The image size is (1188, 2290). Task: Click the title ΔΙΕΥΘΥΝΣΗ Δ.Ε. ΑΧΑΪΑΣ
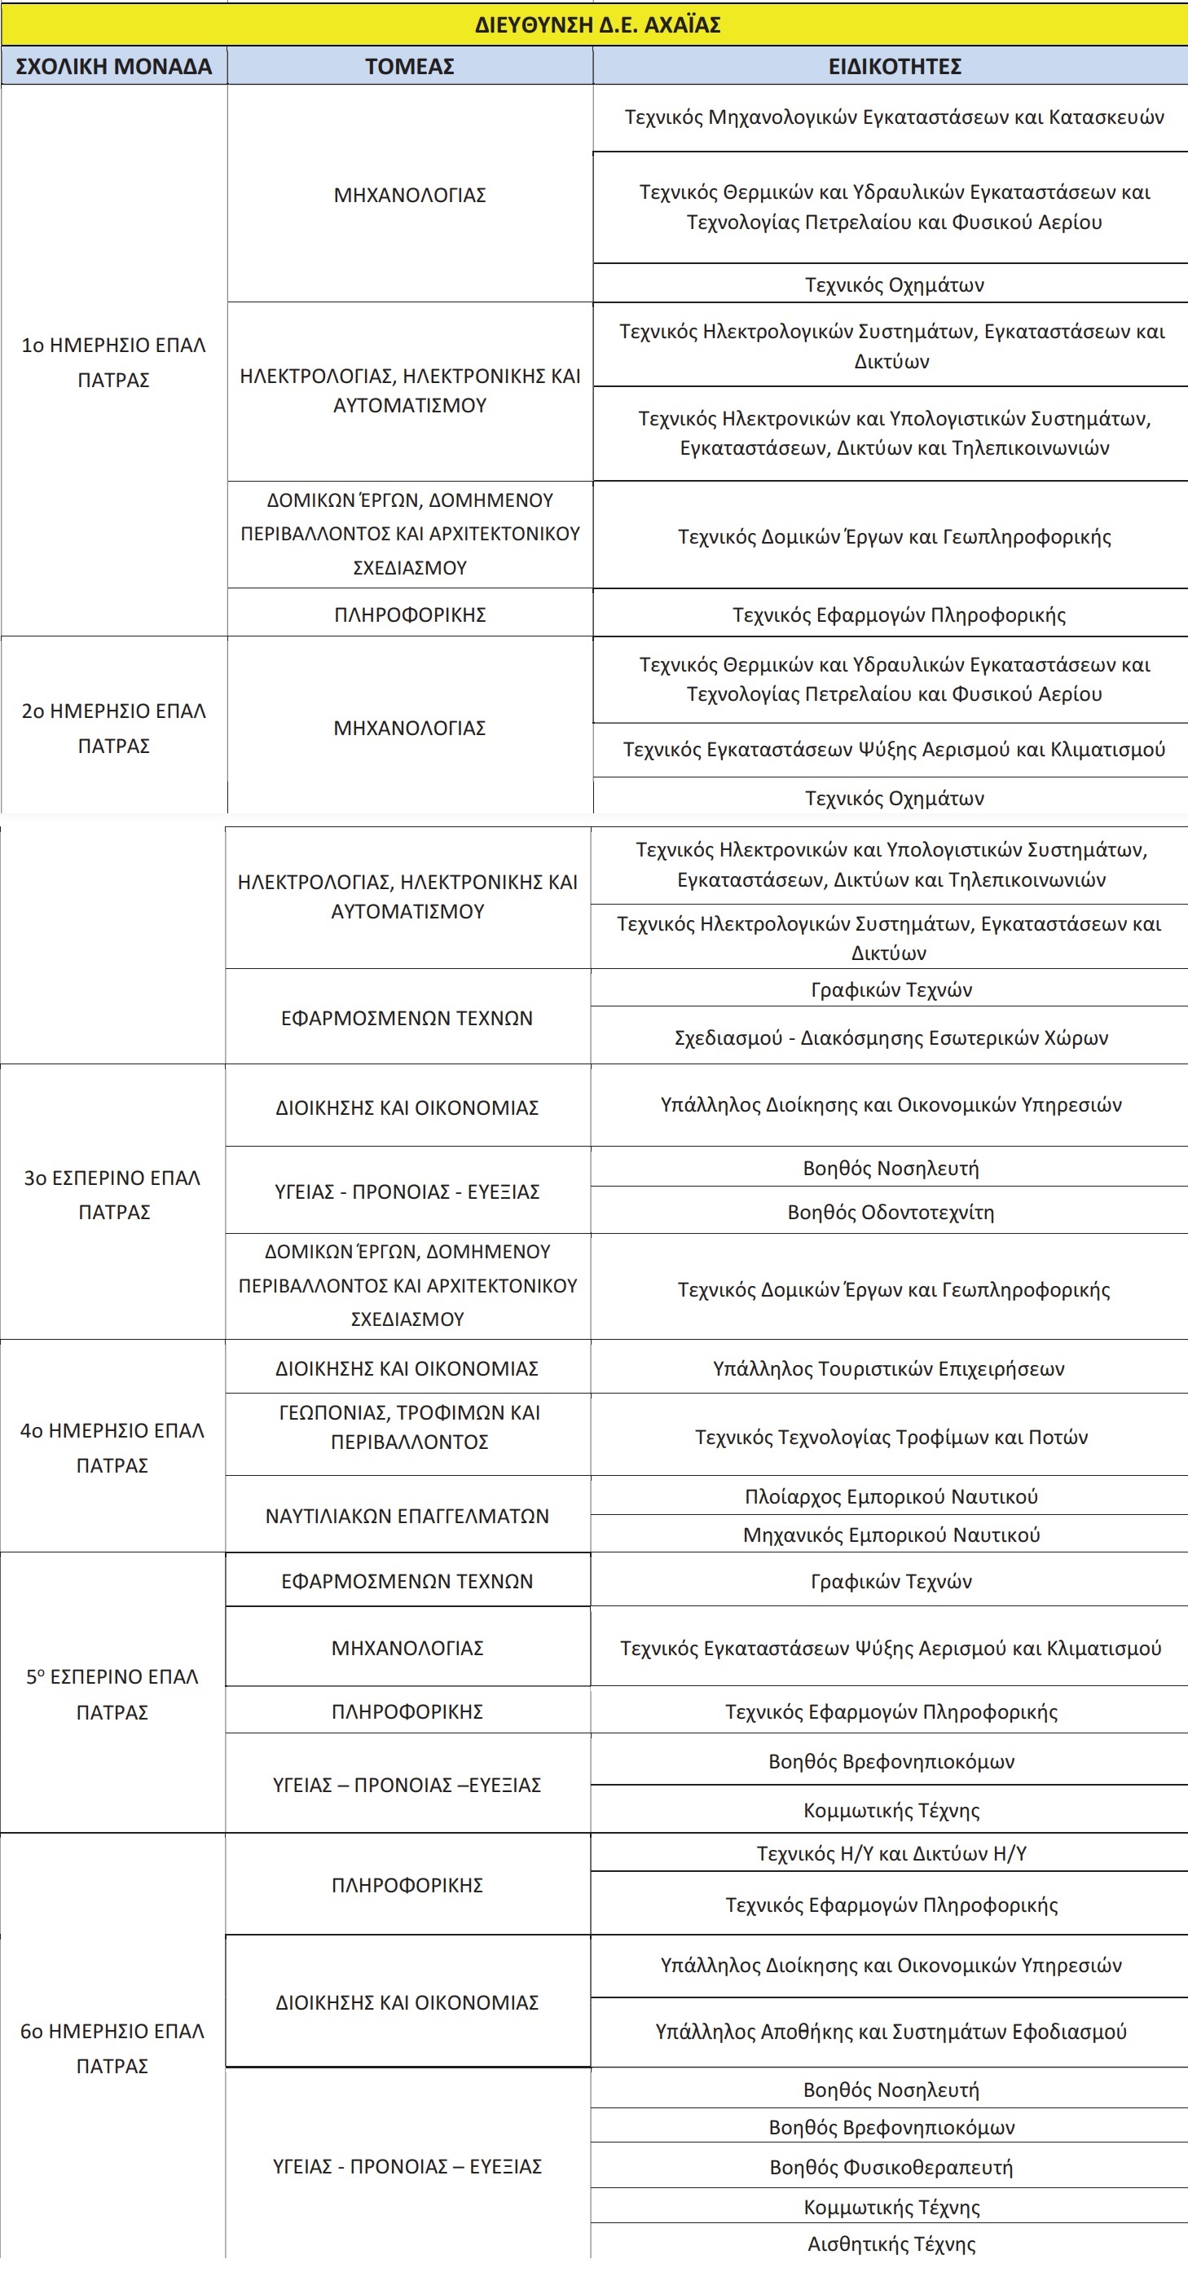[597, 24]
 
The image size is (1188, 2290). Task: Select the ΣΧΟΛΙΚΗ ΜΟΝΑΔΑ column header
[114, 67]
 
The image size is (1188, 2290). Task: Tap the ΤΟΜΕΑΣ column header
[410, 67]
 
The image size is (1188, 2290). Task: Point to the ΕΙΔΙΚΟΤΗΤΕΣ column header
[894, 67]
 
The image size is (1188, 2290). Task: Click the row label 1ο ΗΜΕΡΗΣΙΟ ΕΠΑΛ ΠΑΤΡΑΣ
[114, 362]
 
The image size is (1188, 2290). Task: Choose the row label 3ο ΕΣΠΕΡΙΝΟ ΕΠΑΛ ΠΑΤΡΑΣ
[112, 1194]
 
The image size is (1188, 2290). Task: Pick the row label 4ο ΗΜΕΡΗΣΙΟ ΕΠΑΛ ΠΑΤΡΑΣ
[112, 1447]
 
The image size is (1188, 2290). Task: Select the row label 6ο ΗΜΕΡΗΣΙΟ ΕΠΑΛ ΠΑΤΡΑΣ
[112, 2047]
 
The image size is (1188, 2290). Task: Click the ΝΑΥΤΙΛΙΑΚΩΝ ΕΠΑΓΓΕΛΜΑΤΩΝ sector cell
[407, 1516]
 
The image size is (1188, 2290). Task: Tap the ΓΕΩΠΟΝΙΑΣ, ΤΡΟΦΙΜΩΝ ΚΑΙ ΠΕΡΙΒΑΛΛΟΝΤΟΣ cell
[409, 1427]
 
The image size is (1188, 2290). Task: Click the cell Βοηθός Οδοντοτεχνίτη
[891, 1212]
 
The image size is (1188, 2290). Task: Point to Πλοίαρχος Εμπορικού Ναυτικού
[891, 1496]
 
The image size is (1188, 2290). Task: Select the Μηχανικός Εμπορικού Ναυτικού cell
[891, 1535]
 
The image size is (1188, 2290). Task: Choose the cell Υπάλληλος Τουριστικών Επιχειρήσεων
[889, 1368]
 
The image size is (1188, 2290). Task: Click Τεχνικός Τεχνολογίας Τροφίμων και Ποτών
[891, 1437]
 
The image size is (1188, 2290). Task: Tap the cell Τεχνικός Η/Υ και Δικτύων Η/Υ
[891, 1853]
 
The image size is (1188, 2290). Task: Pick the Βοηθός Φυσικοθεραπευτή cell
[891, 2166]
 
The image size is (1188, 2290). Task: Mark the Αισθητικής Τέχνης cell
[891, 2244]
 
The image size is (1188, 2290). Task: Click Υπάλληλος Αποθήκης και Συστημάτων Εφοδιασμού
[891, 2032]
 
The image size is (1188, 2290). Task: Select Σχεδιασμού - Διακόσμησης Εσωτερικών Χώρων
[891, 1037]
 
